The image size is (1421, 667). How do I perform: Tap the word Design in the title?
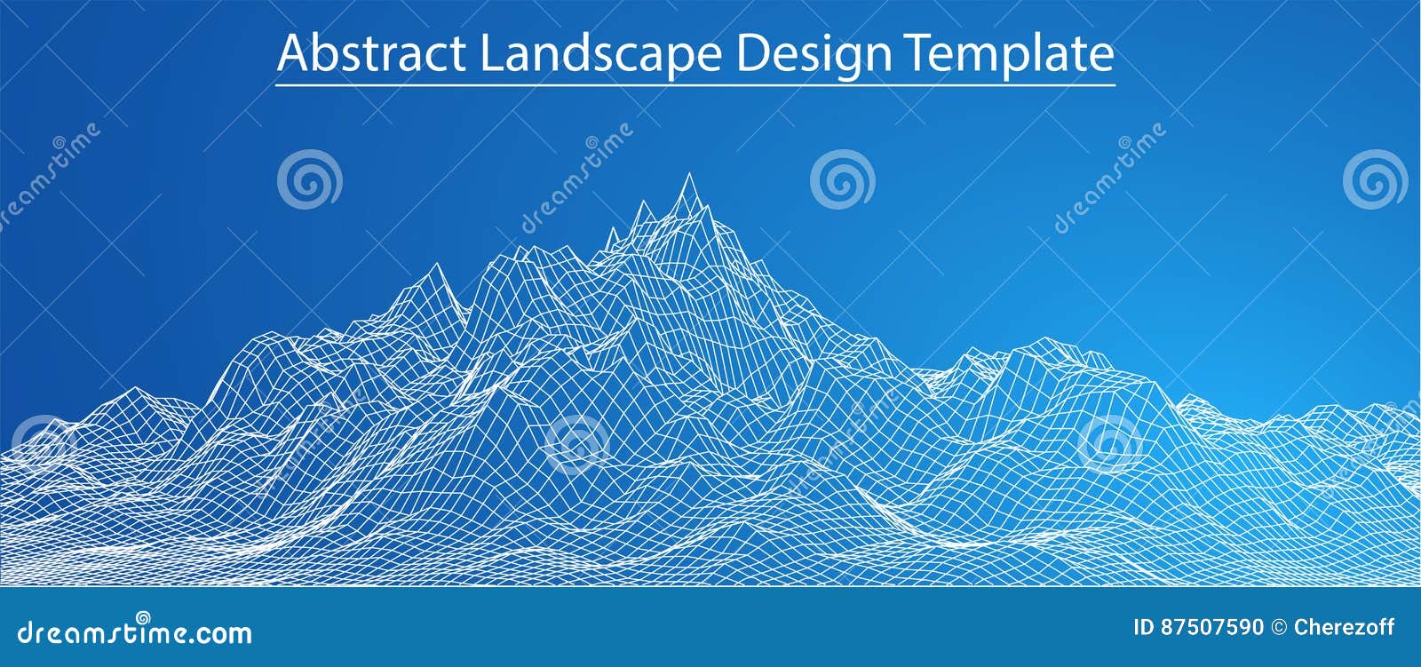(x=814, y=55)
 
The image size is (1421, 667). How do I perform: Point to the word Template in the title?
(x=1010, y=55)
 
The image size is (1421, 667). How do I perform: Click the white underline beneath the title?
(x=695, y=85)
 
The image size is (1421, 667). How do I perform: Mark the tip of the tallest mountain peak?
(x=687, y=174)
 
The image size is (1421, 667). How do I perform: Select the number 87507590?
(x=1212, y=628)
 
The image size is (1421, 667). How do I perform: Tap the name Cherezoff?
(x=1345, y=628)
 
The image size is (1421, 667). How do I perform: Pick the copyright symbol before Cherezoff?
(x=1279, y=628)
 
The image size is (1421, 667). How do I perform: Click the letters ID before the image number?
(x=1146, y=628)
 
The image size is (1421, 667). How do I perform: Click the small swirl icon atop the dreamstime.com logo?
(x=142, y=616)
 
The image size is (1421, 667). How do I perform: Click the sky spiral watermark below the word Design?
(x=841, y=180)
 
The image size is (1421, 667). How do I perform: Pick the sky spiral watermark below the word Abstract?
(x=309, y=180)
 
